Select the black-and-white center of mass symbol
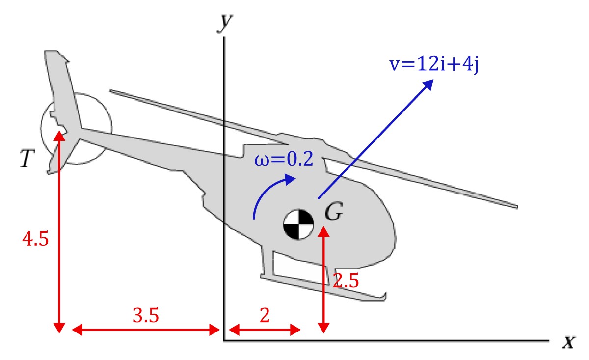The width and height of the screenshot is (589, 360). pyautogui.click(x=298, y=224)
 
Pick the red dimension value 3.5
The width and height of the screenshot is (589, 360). pyautogui.click(x=146, y=315)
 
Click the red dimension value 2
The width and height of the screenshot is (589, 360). pyautogui.click(x=265, y=315)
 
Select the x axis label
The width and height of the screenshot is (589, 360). pyautogui.click(x=568, y=342)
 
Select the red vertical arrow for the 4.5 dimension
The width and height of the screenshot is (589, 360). pyautogui.click(x=59, y=231)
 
